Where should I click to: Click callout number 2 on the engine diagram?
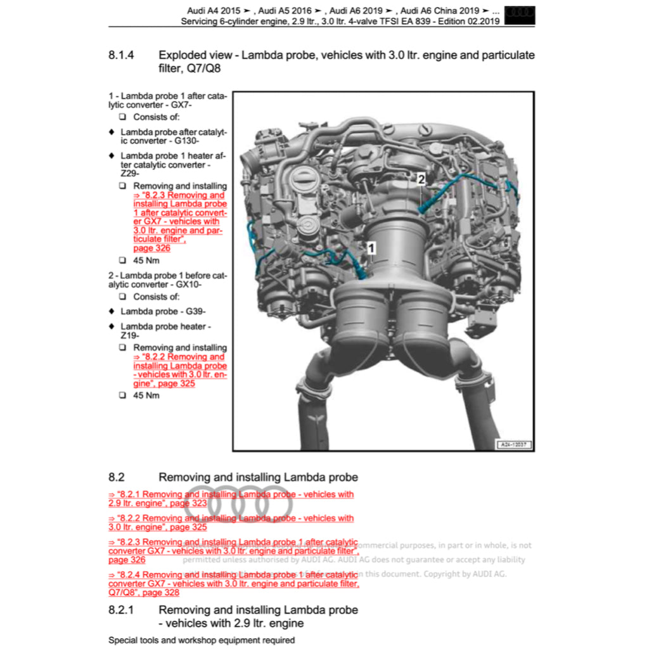coord(421,179)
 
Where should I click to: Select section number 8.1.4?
coord(121,55)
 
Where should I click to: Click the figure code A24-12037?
coord(513,445)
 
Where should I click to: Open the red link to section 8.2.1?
coord(231,498)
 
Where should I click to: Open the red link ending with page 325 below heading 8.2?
coord(231,522)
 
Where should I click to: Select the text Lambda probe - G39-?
coord(163,311)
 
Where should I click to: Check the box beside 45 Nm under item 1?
coord(122,260)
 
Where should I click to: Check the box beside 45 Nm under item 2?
coord(122,395)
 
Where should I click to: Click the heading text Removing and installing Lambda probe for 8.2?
coord(258,477)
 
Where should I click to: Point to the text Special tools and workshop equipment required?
coord(202,640)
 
